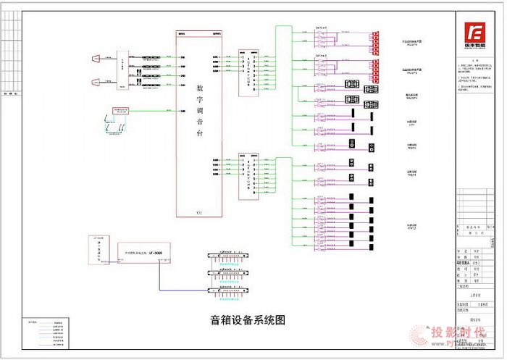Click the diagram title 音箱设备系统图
[243, 319]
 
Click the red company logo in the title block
[475, 33]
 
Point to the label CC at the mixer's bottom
[199, 212]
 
